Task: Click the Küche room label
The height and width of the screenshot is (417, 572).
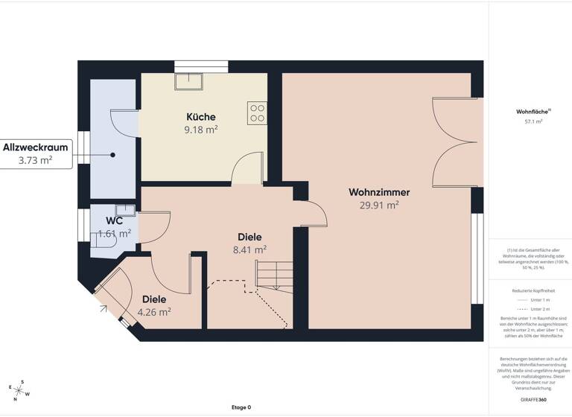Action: tap(201, 117)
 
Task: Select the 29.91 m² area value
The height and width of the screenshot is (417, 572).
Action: tap(379, 206)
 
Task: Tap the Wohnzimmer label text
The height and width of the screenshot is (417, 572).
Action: tap(379, 192)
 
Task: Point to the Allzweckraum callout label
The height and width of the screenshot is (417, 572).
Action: tap(36, 147)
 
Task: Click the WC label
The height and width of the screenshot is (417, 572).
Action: tap(114, 220)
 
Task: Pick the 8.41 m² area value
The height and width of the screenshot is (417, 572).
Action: tap(250, 250)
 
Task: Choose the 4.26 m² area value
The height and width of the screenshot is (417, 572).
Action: tap(154, 312)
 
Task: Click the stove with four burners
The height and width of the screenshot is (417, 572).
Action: tap(258, 112)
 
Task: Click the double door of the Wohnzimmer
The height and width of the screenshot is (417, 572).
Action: tap(453, 141)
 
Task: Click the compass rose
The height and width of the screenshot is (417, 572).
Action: tap(20, 389)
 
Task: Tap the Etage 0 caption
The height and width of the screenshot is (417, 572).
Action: tap(241, 407)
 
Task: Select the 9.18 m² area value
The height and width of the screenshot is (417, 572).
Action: tap(201, 130)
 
